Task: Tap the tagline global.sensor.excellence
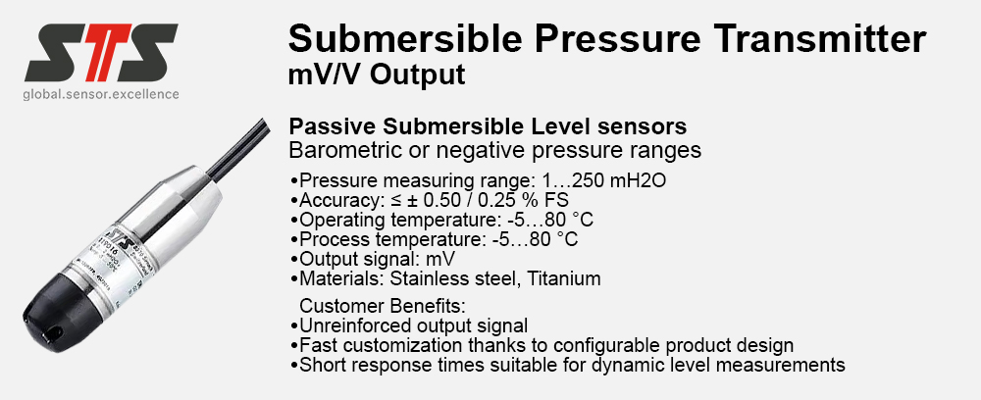tap(101, 94)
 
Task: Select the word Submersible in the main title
tap(405, 38)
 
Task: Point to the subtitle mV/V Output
tap(377, 75)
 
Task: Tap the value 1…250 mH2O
tap(604, 180)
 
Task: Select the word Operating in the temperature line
tap(342, 221)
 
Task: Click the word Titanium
tap(564, 278)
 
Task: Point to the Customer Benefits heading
tap(384, 306)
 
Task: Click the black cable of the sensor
tap(237, 146)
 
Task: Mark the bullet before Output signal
tap(294, 260)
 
